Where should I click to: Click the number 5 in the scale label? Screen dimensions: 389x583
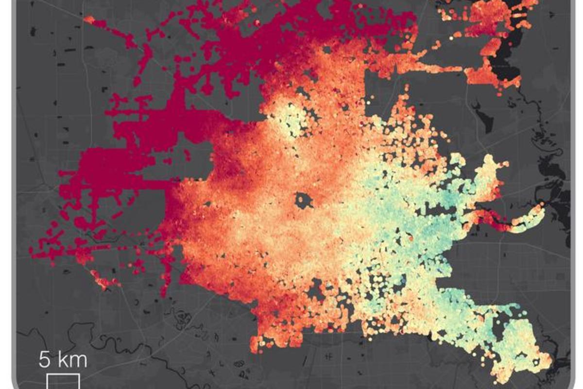[x=45, y=360]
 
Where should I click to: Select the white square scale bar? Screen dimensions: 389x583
[x=63, y=382]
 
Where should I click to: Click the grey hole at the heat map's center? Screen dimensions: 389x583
[x=305, y=199]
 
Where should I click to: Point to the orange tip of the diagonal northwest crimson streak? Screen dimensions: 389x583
[x=89, y=19]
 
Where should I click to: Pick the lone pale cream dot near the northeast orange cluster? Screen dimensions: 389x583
[x=451, y=37]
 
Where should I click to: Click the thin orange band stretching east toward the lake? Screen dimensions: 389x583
[x=428, y=68]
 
